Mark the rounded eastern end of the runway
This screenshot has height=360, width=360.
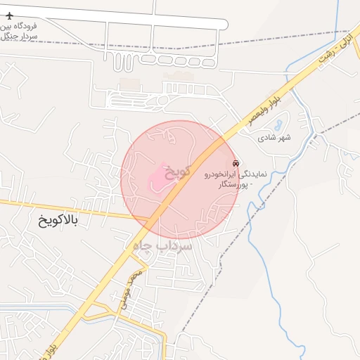(x=225, y=24)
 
